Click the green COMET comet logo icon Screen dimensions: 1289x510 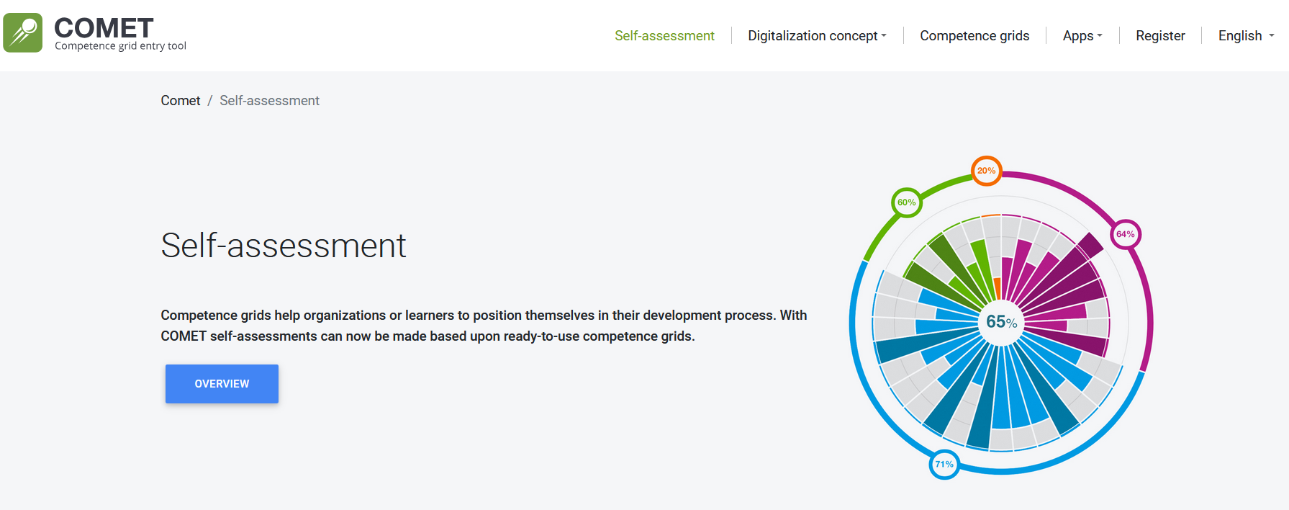tap(23, 32)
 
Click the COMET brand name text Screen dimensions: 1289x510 tap(104, 28)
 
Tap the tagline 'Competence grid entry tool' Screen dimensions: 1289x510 tap(120, 46)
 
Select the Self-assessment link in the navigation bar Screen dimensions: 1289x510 tap(664, 36)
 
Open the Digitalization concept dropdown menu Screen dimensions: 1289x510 tap(817, 36)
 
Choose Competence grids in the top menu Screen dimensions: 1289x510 tap(974, 36)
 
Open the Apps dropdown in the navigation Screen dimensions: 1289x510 tap(1082, 36)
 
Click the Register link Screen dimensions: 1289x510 tap(1160, 36)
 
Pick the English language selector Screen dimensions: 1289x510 tap(1246, 36)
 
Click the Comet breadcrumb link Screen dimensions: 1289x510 tap(181, 101)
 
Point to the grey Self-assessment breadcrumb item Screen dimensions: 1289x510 tap(269, 101)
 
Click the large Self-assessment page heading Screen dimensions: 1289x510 tap(284, 246)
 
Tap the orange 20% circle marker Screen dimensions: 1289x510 tap(986, 171)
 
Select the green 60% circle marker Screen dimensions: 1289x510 tap(906, 202)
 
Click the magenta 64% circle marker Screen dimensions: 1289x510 tap(1126, 234)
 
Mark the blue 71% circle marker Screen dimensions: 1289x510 tap(944, 464)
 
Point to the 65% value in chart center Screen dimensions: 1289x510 tap(1001, 322)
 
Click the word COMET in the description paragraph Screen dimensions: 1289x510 tap(184, 336)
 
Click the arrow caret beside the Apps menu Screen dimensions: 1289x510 tap(1100, 35)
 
